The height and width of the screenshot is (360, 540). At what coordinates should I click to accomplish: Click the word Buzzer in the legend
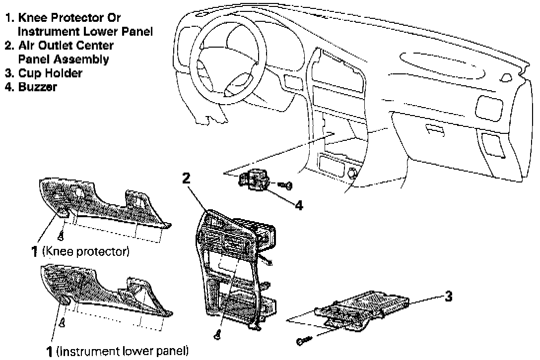pos(37,87)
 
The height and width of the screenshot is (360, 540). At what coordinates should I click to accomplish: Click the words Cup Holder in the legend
pos(50,73)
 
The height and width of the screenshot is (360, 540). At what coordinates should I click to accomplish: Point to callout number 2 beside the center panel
pos(186,179)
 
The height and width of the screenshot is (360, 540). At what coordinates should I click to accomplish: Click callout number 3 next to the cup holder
pos(448,296)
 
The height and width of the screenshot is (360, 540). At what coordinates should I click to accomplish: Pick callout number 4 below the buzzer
pos(299,205)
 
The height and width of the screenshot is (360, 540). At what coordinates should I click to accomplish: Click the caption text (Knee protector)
pos(86,251)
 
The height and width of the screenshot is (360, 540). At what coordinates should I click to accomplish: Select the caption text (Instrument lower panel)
pos(122,352)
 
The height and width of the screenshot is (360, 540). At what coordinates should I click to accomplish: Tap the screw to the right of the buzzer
pos(285,185)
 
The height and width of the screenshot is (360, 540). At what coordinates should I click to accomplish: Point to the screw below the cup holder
pos(304,340)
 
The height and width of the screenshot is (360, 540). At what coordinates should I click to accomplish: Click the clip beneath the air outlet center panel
pos(217,335)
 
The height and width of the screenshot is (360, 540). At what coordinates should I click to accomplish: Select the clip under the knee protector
pos(61,236)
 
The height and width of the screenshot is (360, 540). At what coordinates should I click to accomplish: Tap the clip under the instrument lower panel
pos(62,323)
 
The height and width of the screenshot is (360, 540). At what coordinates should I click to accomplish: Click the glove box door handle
pos(435,130)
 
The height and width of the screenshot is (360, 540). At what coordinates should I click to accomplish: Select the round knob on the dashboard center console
pos(353,172)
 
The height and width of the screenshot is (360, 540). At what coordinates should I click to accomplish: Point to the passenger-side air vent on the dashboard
pos(489,109)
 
